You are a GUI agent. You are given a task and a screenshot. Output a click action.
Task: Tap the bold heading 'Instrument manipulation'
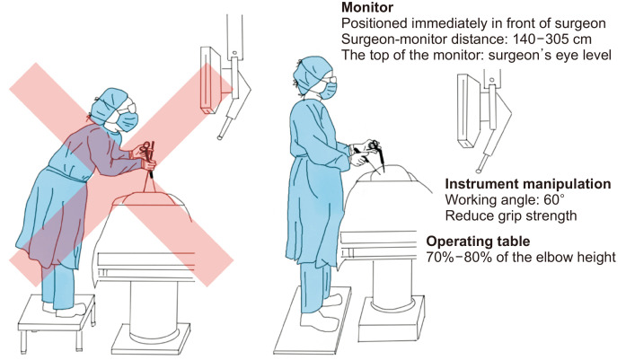pos(528,184)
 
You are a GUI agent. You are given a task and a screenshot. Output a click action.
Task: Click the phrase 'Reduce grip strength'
pos(508,215)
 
